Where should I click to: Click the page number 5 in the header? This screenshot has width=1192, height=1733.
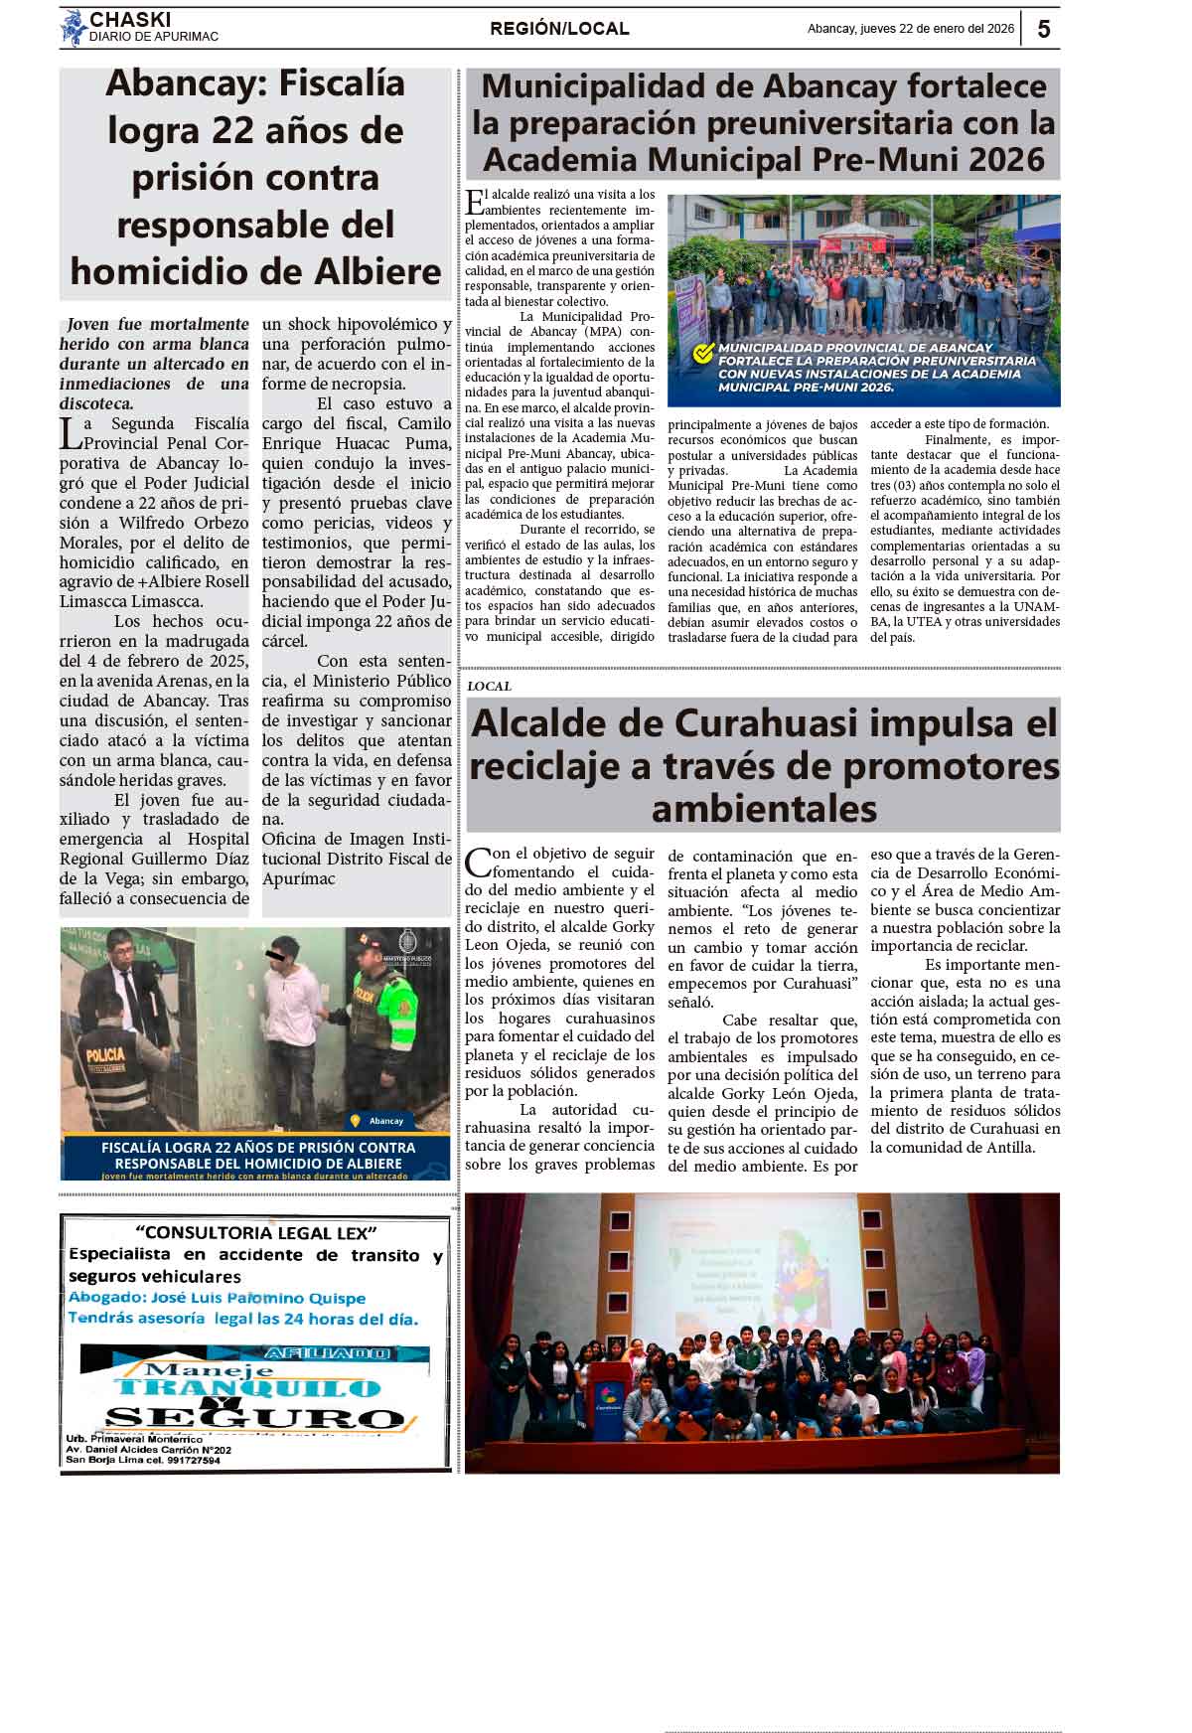(1043, 29)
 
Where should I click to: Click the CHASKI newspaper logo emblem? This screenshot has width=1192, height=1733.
(73, 28)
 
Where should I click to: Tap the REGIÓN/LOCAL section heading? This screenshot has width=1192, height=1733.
(559, 29)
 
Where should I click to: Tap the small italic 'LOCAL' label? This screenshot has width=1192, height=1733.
(489, 686)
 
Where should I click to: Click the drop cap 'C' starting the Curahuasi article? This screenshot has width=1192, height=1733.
(478, 861)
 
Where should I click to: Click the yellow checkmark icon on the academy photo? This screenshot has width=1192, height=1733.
(703, 354)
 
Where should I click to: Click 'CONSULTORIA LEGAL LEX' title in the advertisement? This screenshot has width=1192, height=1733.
(255, 1233)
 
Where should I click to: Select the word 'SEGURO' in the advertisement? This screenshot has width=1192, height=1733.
(253, 1418)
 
